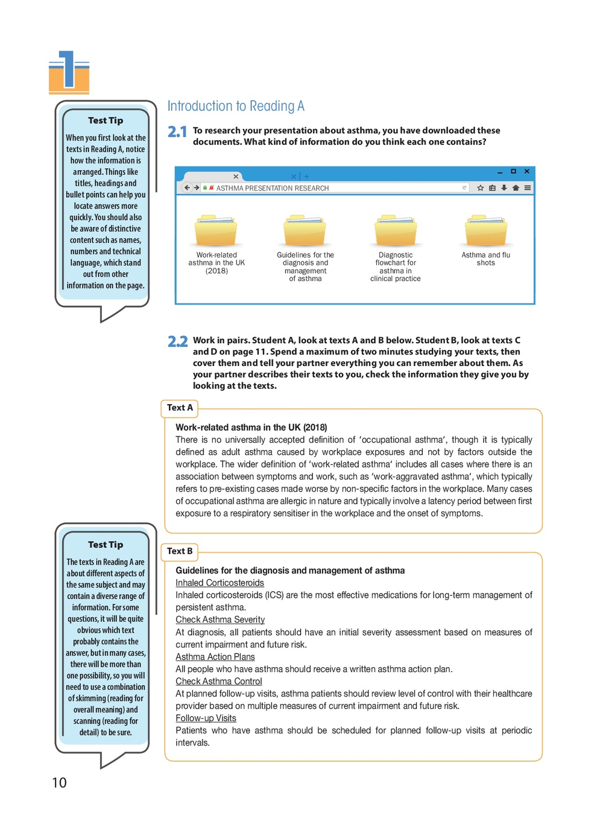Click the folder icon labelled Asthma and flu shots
tap(485, 231)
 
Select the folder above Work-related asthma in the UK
tap(216, 231)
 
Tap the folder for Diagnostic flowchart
tap(395, 231)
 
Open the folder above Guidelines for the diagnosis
tap(305, 231)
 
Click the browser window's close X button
tap(526, 171)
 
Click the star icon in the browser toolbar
tap(481, 188)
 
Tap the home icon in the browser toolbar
tap(516, 188)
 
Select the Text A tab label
tap(180, 408)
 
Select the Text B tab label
tap(180, 551)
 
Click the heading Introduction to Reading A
tap(236, 106)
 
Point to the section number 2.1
tap(177, 131)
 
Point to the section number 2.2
tap(177, 341)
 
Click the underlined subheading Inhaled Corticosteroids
tap(219, 583)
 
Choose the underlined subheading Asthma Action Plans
tap(215, 657)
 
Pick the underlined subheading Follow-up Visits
tap(206, 718)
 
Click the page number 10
tap(59, 783)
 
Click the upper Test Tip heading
tap(106, 121)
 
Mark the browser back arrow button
tap(187, 188)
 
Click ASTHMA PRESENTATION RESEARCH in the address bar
tap(272, 188)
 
